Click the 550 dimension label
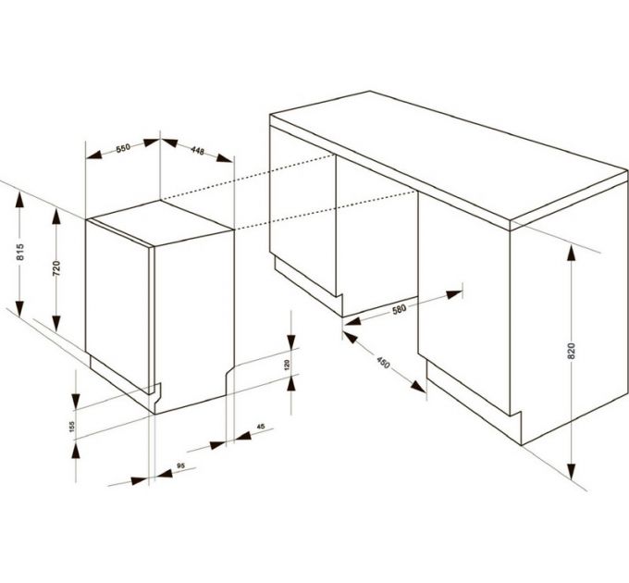pos(123,148)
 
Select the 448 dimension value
pos(197,151)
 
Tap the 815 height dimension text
pos(20,252)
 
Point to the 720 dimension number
pos(56,268)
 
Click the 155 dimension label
pos(72,427)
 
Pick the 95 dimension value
pos(181,465)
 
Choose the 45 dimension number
pos(261,427)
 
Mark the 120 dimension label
pos(287,365)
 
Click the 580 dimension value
pos(400,309)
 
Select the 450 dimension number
pos(383,363)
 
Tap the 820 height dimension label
pos(572,351)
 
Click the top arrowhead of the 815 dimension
pos(19,200)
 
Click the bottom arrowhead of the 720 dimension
pos(56,324)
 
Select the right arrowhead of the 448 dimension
pos(225,157)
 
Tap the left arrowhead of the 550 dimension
pos(94,154)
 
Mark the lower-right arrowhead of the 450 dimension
pos(418,387)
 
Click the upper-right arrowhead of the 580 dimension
pos(454,294)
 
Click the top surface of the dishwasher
pos(161,223)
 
